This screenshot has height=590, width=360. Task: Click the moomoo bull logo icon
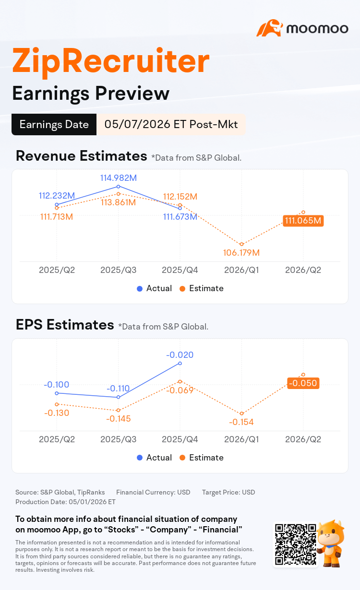point(269,28)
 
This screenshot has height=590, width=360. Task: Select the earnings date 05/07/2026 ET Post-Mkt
point(171,124)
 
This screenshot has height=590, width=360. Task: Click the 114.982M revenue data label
point(119,178)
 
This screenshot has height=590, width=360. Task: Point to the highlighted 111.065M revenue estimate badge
point(303,221)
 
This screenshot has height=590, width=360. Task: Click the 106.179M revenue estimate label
point(241,253)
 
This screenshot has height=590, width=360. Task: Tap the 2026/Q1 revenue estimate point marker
point(241,244)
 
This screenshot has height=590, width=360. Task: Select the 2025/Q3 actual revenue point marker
point(119,187)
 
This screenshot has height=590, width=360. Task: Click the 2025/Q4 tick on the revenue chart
point(180,270)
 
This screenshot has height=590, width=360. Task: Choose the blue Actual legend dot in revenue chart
point(140,289)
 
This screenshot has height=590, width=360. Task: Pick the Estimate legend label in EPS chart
point(206,458)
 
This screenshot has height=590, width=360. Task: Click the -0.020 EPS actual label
point(180,355)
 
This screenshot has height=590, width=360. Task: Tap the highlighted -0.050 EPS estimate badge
point(303,383)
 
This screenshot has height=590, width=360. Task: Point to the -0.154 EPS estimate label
point(241,422)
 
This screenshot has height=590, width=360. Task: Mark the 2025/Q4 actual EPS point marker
point(180,363)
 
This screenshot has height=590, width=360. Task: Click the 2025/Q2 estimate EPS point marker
point(57,404)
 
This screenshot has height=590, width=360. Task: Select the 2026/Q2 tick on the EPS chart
point(303,439)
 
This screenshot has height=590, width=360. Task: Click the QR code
point(295,544)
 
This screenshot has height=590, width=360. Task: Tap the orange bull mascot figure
point(331,543)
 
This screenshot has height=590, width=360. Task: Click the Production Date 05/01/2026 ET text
point(65,502)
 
